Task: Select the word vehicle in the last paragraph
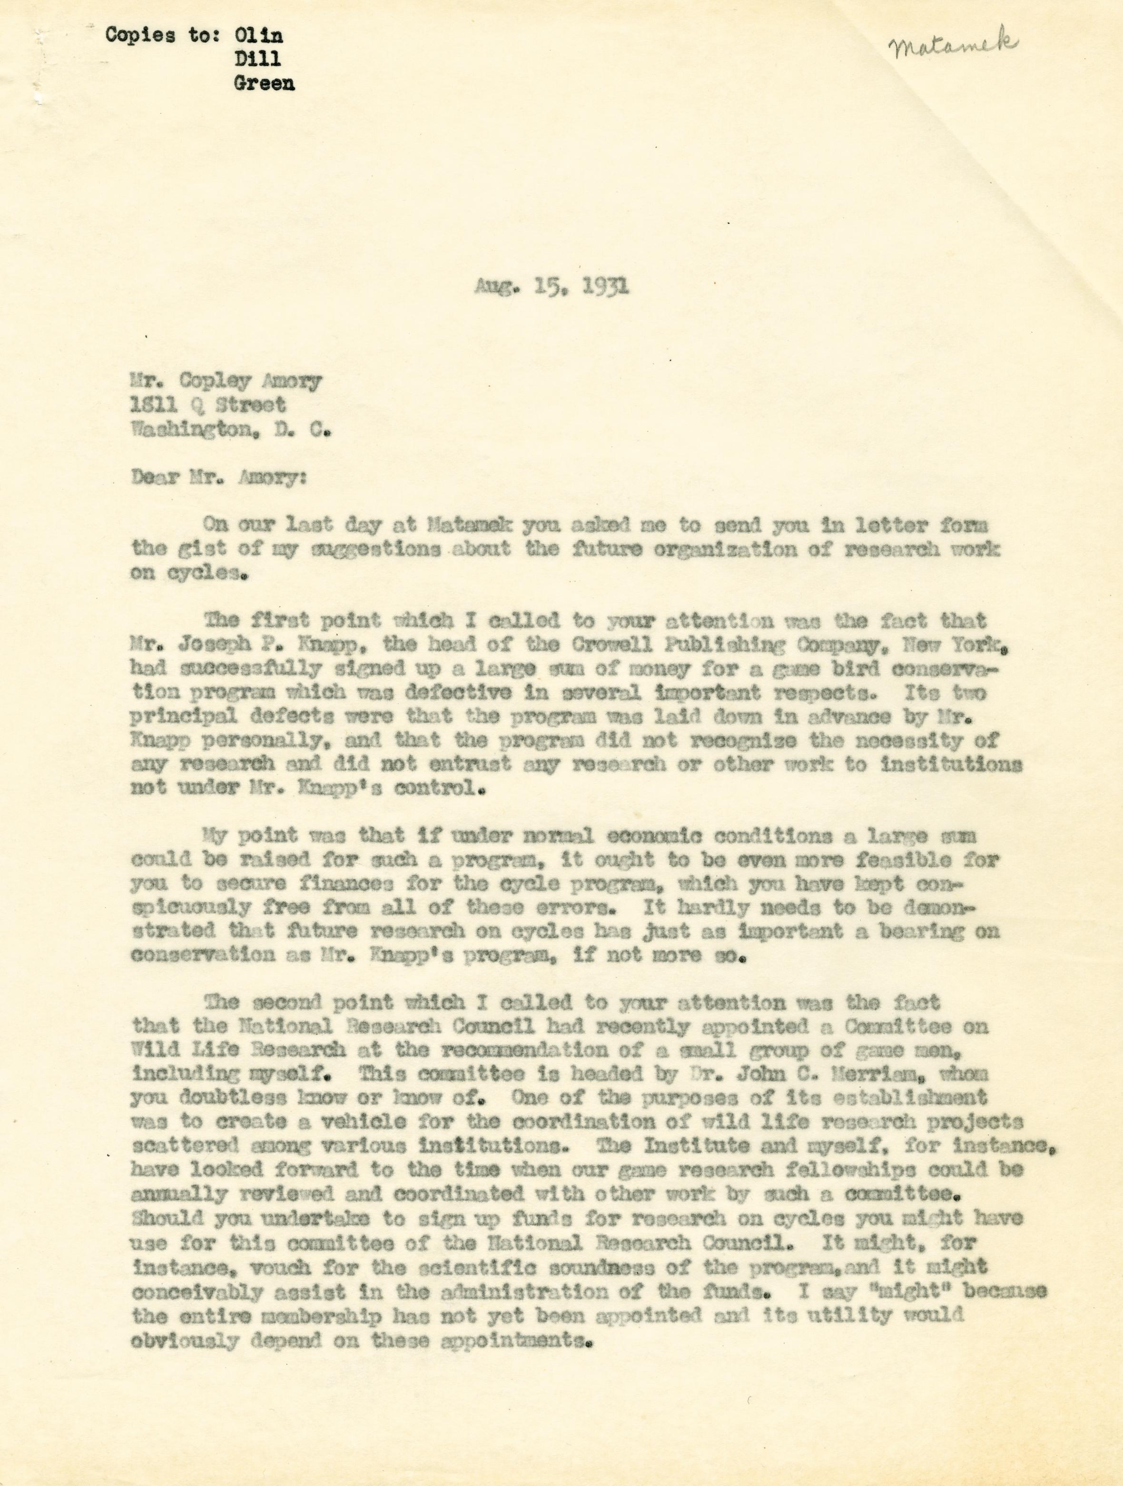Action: click(360, 1122)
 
